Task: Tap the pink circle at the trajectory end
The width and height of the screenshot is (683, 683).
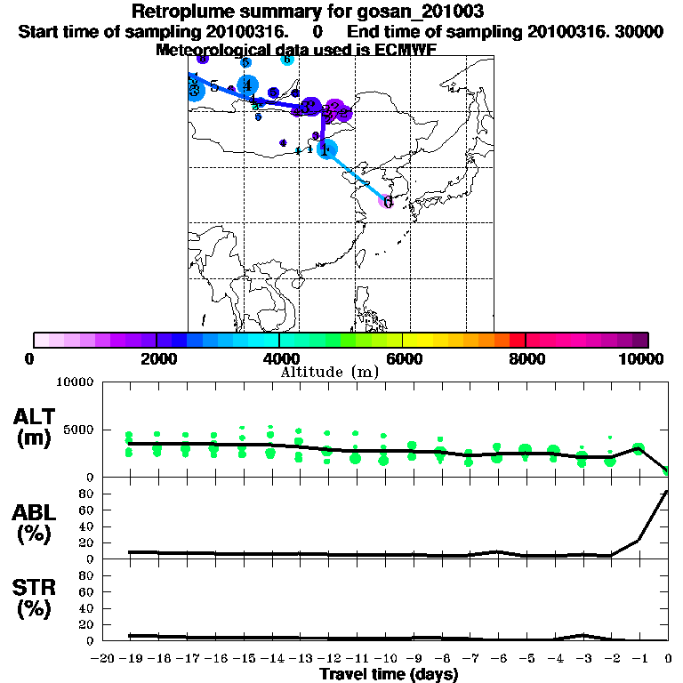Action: click(387, 201)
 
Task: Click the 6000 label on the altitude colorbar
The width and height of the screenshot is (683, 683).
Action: click(403, 358)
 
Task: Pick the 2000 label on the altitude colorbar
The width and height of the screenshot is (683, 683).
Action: click(156, 358)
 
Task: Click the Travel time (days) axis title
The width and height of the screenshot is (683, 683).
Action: click(389, 675)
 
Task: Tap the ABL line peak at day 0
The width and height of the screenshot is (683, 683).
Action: click(667, 492)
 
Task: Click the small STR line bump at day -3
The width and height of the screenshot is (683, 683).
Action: click(582, 635)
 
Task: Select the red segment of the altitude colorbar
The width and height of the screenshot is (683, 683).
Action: click(517, 340)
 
